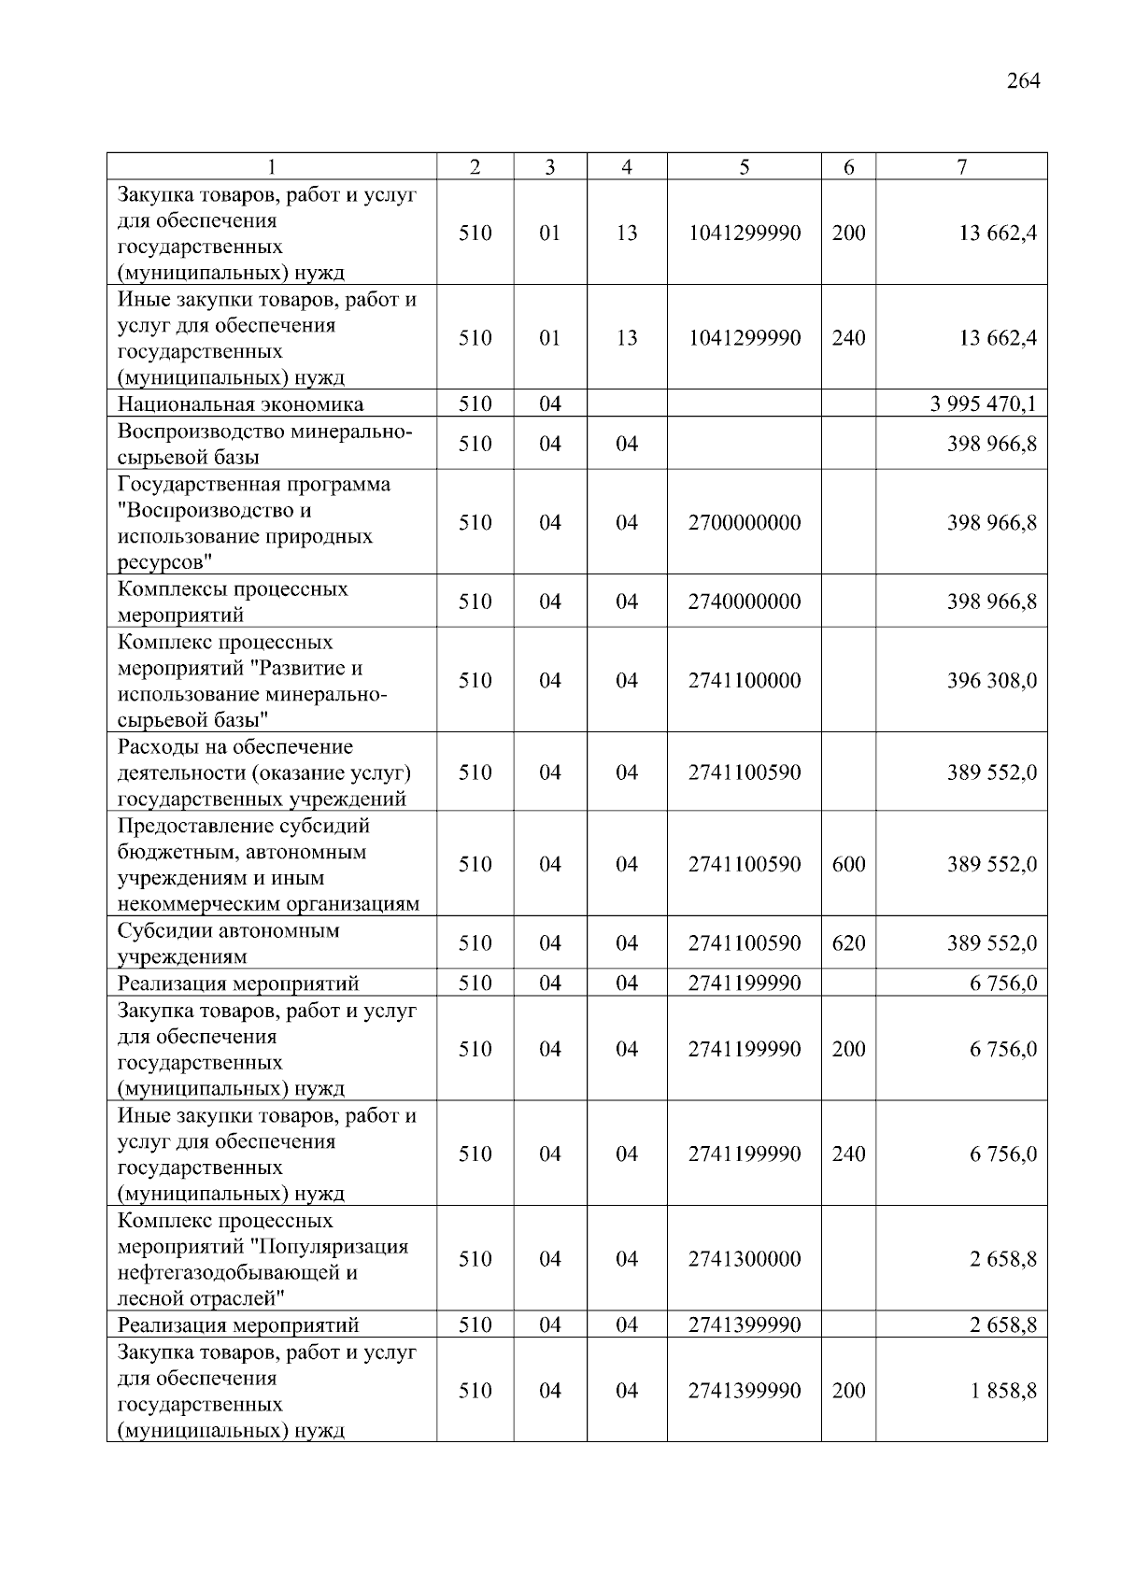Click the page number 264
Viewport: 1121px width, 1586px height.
point(1023,80)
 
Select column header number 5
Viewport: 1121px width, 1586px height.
point(744,167)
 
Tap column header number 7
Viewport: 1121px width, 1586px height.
point(961,167)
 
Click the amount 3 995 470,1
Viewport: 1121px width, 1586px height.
point(984,404)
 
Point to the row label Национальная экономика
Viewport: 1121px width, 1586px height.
point(240,404)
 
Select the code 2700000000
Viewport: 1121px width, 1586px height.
point(744,522)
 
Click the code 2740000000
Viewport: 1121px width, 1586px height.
point(744,602)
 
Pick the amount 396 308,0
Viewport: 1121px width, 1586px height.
point(991,680)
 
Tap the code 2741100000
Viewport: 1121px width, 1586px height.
point(744,680)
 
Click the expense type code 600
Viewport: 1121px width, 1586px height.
point(848,864)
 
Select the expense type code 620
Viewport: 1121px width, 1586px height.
point(848,943)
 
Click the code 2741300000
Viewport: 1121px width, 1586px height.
point(744,1259)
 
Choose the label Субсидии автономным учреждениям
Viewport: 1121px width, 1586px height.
point(228,943)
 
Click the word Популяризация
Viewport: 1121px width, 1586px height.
point(340,1247)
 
